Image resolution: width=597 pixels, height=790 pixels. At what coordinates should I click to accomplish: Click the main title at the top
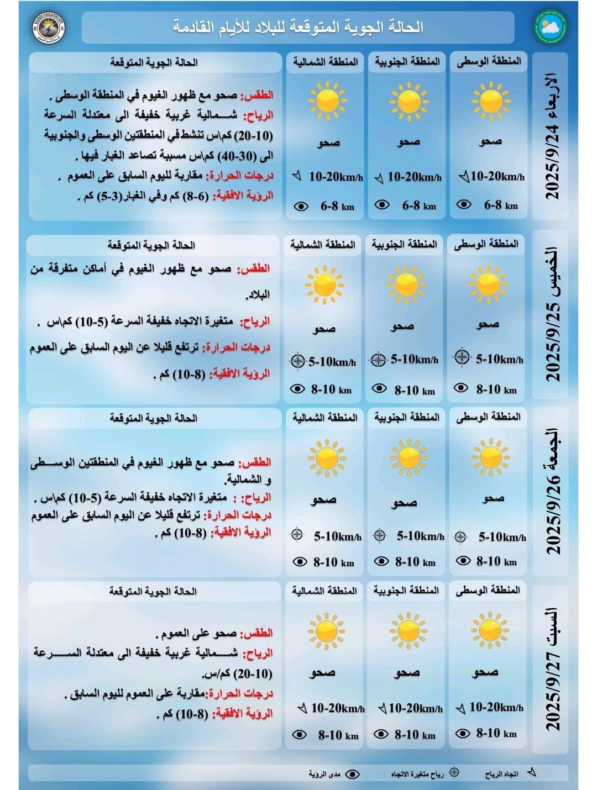298,27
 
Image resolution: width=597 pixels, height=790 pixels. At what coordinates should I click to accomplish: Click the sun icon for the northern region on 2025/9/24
327,101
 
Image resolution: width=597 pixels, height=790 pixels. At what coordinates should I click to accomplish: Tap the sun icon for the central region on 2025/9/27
489,630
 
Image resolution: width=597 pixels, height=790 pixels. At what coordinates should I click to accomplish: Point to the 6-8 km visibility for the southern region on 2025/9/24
419,206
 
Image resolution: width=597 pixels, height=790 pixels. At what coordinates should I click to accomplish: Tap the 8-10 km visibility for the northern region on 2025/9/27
338,735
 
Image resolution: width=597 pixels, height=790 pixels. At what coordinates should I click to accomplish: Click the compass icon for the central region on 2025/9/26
460,536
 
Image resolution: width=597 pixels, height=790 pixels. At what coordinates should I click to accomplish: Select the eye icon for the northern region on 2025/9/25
297,389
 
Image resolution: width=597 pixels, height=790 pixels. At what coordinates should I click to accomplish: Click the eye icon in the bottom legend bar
352,774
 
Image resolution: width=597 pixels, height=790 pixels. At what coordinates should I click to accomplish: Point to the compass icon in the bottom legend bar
454,773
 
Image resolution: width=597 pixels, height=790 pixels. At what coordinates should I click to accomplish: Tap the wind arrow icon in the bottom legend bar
532,773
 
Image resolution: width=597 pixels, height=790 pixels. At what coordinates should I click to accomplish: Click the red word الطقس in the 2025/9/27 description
258,633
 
